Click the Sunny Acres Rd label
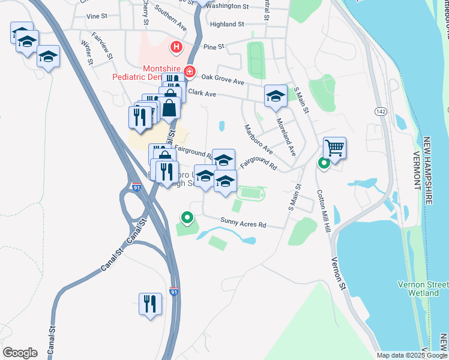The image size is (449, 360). tap(243, 224)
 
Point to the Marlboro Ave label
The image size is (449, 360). tap(259, 139)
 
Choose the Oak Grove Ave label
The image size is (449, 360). tap(223, 78)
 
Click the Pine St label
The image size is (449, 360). tap(213, 46)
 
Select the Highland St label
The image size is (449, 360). tap(227, 25)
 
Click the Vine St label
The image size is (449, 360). tap(95, 16)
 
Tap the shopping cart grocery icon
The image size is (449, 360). tap(334, 147)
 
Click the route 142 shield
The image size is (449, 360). tap(380, 112)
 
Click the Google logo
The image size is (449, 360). tap(20, 353)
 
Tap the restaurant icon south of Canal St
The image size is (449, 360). tap(150, 303)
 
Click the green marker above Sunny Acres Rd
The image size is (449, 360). tap(187, 218)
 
